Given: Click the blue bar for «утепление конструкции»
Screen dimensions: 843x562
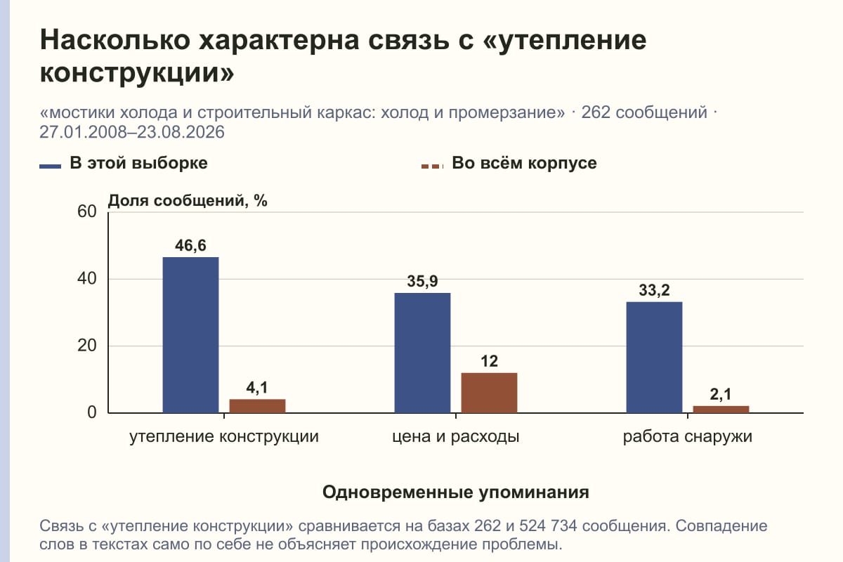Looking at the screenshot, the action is [190, 335].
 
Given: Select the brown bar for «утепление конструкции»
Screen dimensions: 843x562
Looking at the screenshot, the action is [257, 406].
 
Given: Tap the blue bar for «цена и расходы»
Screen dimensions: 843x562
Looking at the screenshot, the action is [422, 353].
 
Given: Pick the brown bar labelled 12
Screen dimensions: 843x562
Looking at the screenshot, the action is [489, 393].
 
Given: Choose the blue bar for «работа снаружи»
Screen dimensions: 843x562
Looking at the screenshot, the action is [654, 358].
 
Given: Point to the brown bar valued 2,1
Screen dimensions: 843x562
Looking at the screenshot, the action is [721, 410].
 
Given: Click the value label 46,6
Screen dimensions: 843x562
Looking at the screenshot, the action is [190, 245].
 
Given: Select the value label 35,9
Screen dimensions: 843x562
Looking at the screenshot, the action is [422, 281].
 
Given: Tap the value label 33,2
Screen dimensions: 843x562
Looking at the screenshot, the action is [654, 290].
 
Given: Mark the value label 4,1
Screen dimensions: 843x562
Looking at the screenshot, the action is [257, 387].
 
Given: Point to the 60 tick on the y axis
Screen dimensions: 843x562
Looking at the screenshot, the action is [87, 211].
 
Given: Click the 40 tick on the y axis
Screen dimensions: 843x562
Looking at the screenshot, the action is [87, 279].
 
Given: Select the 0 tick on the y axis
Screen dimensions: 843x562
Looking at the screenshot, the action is [92, 412].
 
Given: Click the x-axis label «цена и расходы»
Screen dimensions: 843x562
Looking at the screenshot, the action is [456, 436].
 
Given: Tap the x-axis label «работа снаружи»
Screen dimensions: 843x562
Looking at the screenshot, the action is [688, 436].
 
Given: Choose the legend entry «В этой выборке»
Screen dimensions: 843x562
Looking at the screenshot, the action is [124, 163].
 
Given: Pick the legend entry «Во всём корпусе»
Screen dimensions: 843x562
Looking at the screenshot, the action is [509, 163].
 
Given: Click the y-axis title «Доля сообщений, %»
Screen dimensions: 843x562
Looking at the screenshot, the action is [188, 201].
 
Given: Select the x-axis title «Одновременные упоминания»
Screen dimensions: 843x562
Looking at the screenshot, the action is [456, 492].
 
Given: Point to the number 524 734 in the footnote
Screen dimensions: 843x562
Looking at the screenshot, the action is [548, 526].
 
